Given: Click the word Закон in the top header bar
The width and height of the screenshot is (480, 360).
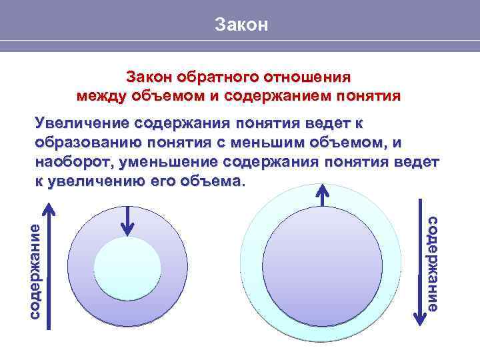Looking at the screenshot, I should [241, 25].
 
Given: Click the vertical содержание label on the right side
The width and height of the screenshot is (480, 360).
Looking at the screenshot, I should [432, 263].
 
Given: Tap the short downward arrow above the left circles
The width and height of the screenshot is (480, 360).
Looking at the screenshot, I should [127, 220].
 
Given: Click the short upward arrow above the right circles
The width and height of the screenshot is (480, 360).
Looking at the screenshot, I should [323, 197].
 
